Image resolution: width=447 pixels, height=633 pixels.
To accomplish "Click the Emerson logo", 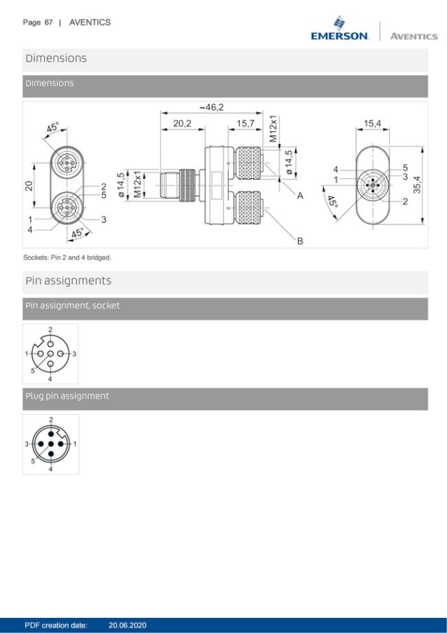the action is coord(340,28).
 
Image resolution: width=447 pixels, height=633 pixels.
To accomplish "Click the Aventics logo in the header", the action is coord(414,36).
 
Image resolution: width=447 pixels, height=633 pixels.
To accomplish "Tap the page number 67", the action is coord(48,23).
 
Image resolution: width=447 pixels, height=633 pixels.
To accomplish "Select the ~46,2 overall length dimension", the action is coord(211,108).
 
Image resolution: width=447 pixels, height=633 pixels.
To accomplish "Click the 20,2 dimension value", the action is coord(182,124).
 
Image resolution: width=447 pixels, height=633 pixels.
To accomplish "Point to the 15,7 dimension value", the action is coord(246,124).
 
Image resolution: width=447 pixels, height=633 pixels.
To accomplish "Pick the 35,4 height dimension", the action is coord(417,184).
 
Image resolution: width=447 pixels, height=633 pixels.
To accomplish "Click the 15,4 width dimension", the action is coord(372,124).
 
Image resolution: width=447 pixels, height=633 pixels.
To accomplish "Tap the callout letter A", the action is coord(300,196).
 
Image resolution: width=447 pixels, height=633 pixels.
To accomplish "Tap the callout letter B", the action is coord(300,241).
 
